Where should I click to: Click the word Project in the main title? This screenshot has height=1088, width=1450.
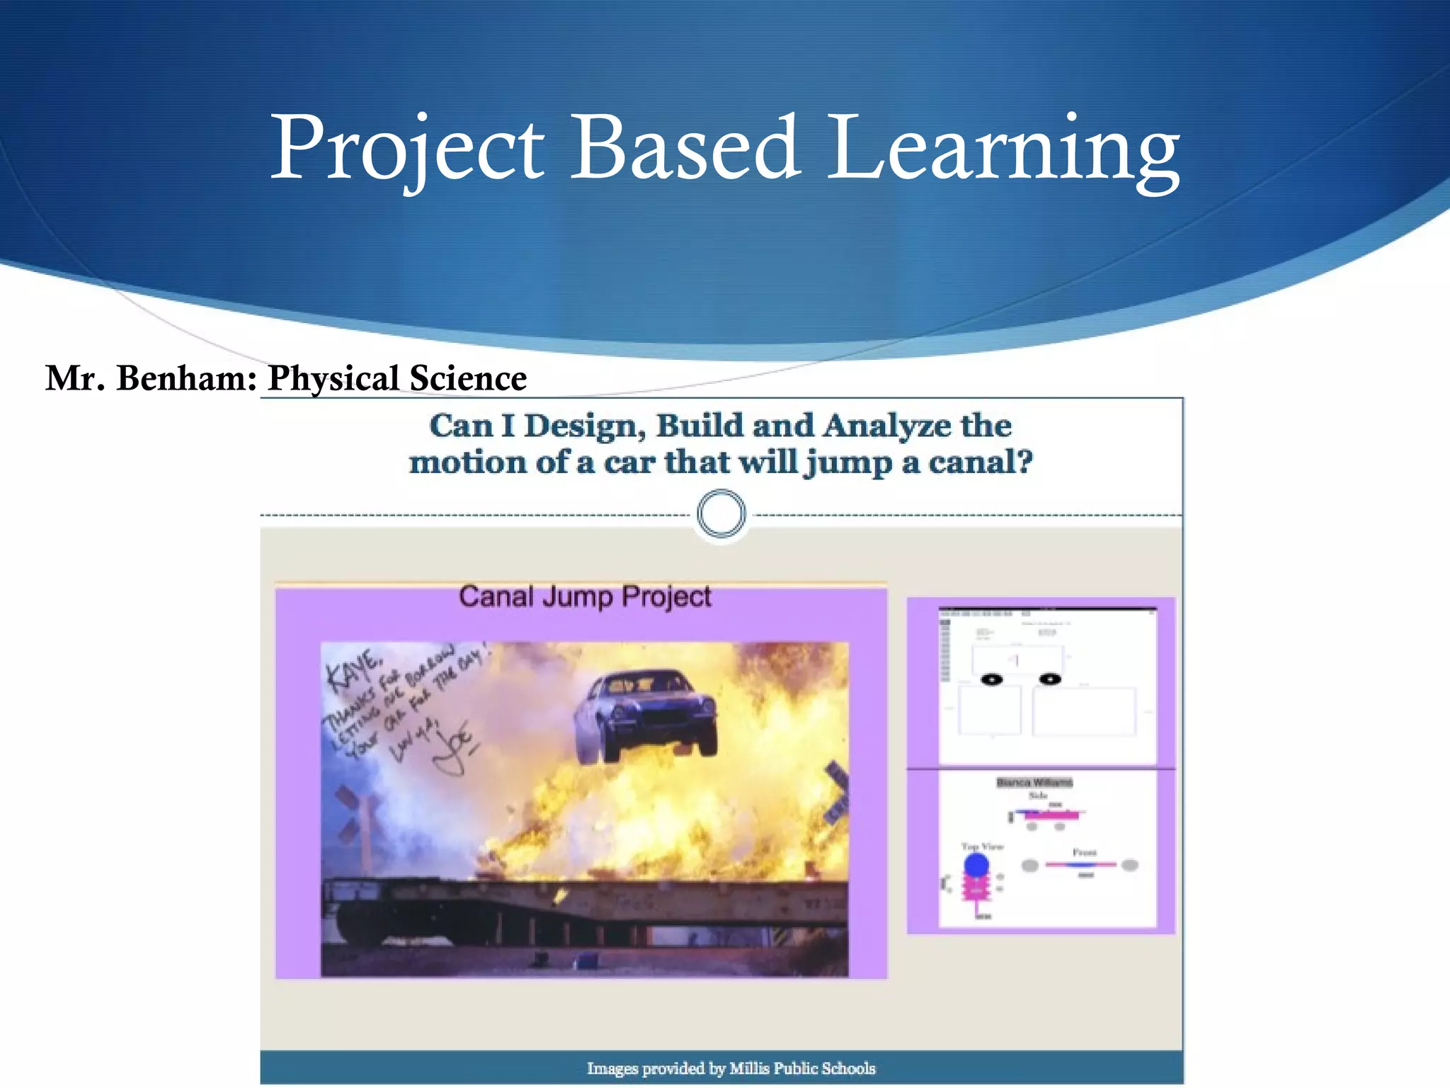coord(407,149)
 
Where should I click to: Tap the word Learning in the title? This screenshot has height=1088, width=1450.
coord(1004,149)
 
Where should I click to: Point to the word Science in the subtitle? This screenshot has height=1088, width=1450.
coord(468,378)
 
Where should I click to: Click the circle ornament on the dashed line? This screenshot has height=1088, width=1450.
coord(721,514)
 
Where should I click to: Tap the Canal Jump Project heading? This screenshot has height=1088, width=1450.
coord(585,596)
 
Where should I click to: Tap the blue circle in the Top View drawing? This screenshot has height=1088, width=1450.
coord(976,865)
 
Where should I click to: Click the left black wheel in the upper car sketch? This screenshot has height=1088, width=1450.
coord(991,679)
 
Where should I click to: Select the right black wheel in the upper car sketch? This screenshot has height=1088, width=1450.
coord(1049,679)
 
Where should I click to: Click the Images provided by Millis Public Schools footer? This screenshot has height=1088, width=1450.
coord(731,1068)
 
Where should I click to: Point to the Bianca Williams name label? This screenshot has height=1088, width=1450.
coord(1034,782)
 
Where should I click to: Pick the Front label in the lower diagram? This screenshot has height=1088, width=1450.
coord(1084,852)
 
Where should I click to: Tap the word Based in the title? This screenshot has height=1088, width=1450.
coord(685,149)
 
